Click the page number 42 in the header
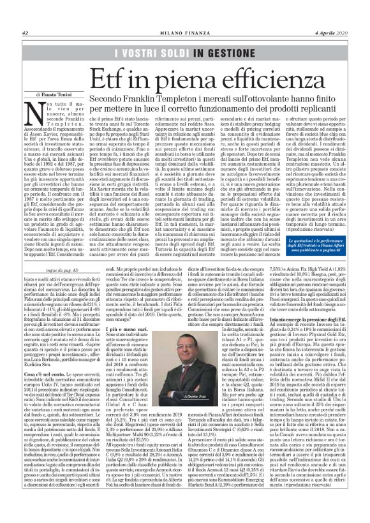25,15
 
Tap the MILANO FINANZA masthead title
184,15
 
